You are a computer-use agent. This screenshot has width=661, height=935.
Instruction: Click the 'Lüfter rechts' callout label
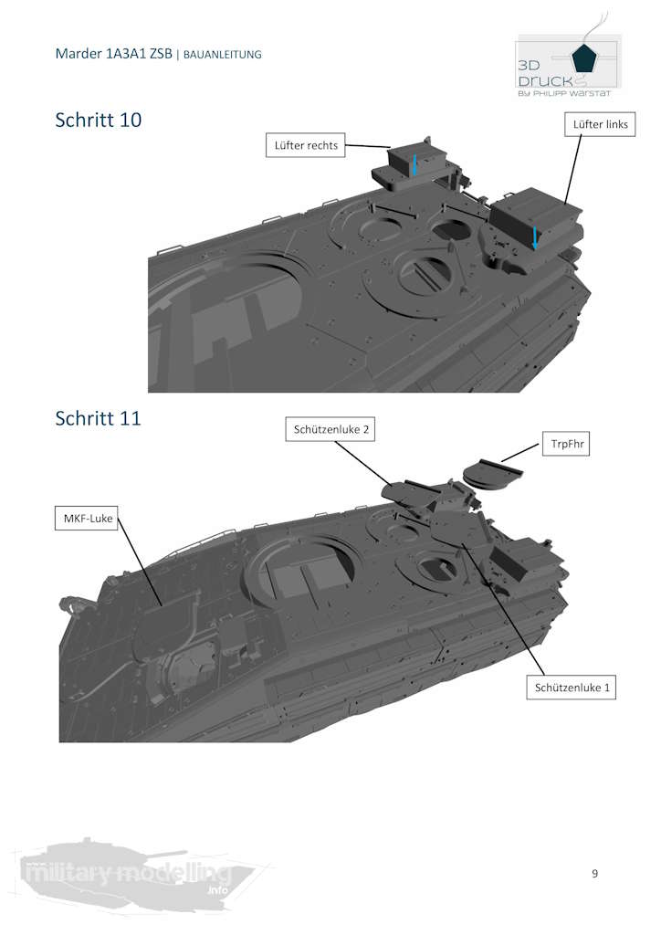tap(305, 145)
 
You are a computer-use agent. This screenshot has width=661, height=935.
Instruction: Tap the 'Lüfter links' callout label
tap(600, 124)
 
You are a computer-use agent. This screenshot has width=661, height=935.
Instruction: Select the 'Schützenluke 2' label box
tap(330, 429)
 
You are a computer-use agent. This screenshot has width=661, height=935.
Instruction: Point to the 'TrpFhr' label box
tap(566, 444)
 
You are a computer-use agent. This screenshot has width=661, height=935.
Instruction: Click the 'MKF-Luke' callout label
tap(87, 519)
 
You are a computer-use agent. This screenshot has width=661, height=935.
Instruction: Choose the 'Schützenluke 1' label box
tap(571, 688)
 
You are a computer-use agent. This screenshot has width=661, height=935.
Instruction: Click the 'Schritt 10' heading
tap(99, 120)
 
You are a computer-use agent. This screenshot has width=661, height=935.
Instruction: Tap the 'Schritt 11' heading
tap(99, 418)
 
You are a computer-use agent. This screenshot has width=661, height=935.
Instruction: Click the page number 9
tap(595, 874)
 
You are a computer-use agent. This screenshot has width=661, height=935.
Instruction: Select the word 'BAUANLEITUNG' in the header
tap(223, 54)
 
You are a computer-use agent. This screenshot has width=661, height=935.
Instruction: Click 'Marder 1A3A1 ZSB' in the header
tap(114, 54)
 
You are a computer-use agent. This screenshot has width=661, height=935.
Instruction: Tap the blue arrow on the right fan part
tap(414, 164)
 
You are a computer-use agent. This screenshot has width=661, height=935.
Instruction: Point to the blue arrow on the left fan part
tap(535, 238)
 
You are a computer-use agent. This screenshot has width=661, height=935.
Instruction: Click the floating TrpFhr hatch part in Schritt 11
tap(492, 474)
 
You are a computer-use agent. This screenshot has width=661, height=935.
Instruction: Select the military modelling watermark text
tap(126, 874)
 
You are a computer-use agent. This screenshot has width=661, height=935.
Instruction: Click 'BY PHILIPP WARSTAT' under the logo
tap(564, 93)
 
